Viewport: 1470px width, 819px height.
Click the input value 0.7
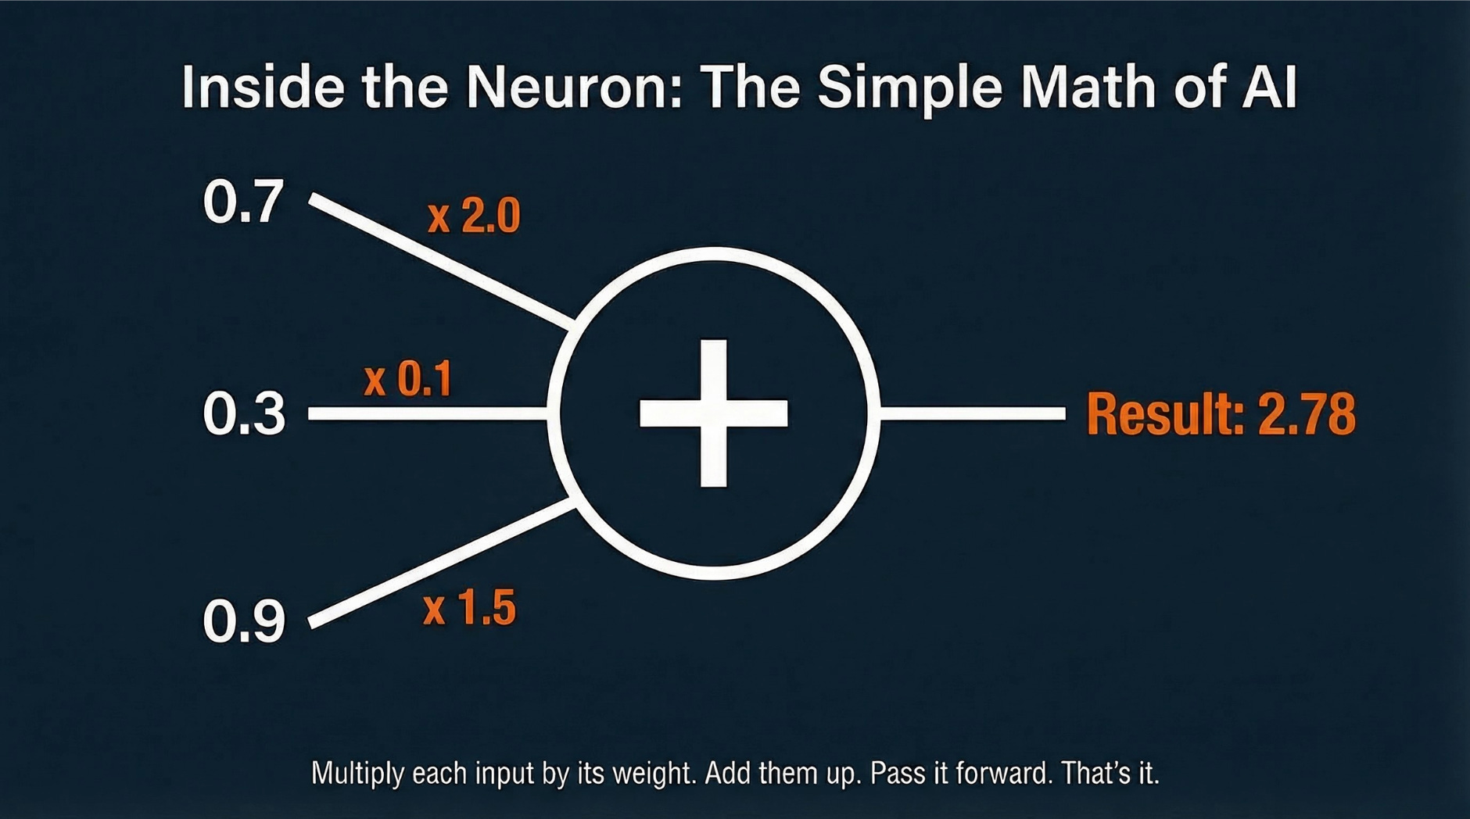242,202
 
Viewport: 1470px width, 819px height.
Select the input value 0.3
244,413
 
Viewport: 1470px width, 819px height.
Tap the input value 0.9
244,622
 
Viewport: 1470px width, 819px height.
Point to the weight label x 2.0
474,216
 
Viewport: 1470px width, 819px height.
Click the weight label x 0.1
408,380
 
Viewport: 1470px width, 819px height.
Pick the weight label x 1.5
469,608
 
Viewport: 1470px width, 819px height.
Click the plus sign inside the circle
713,413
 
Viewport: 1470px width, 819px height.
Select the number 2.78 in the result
1307,413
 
